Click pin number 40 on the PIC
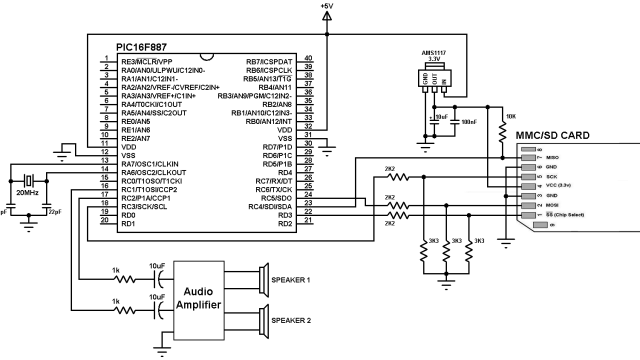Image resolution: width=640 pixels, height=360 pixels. (x=309, y=61)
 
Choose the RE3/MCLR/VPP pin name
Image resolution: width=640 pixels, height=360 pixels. (x=149, y=61)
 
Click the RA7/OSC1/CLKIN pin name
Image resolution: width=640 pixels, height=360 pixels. (x=149, y=163)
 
